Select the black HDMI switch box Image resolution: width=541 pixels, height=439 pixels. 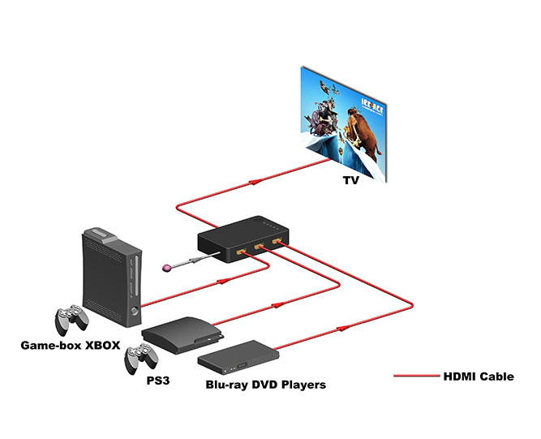(242, 235)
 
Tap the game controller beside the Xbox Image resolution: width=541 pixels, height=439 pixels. (71, 320)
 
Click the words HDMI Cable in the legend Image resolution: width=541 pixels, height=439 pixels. (479, 376)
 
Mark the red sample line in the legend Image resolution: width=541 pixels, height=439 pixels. (415, 376)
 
